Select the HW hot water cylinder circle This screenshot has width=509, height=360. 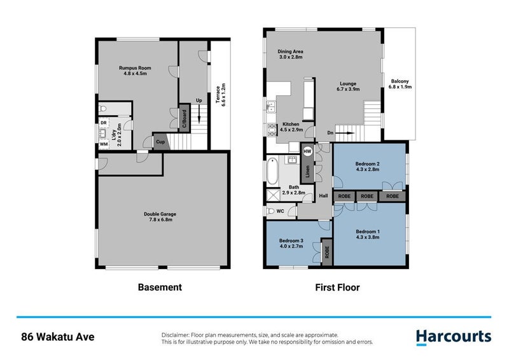[307, 152]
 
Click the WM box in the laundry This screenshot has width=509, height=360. [103, 144]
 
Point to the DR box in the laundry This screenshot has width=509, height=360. [103, 122]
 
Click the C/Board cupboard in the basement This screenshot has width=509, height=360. [184, 119]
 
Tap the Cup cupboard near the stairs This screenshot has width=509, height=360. [160, 142]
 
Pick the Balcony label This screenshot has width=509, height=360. [400, 84]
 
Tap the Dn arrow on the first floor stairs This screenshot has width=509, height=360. [344, 133]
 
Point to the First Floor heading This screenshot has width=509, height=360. [338, 287]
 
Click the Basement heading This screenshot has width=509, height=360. [160, 287]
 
